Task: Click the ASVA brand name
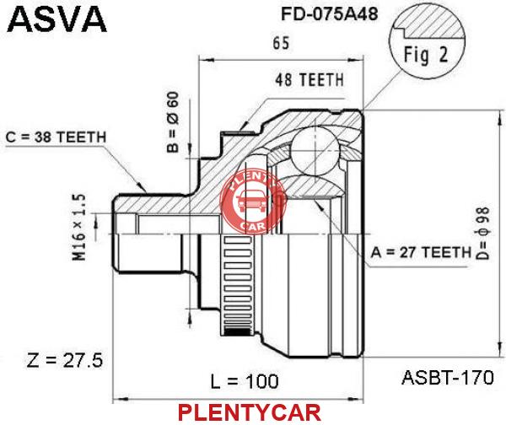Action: tap(57, 19)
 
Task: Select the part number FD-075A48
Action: tap(329, 13)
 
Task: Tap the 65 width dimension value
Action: tap(281, 43)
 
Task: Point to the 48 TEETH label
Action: tap(310, 80)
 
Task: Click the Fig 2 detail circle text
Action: tap(426, 54)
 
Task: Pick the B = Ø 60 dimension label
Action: tap(173, 121)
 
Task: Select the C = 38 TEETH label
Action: tap(56, 137)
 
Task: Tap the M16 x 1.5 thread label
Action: tap(79, 227)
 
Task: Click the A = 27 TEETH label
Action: tap(421, 252)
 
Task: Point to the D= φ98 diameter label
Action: tap(483, 234)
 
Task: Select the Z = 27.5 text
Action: tap(65, 360)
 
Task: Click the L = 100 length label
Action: tap(245, 382)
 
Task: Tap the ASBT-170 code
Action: tap(447, 377)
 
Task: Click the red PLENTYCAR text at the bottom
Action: tap(250, 412)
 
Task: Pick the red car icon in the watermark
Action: tap(253, 202)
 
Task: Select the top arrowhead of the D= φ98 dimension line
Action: tap(499, 117)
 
